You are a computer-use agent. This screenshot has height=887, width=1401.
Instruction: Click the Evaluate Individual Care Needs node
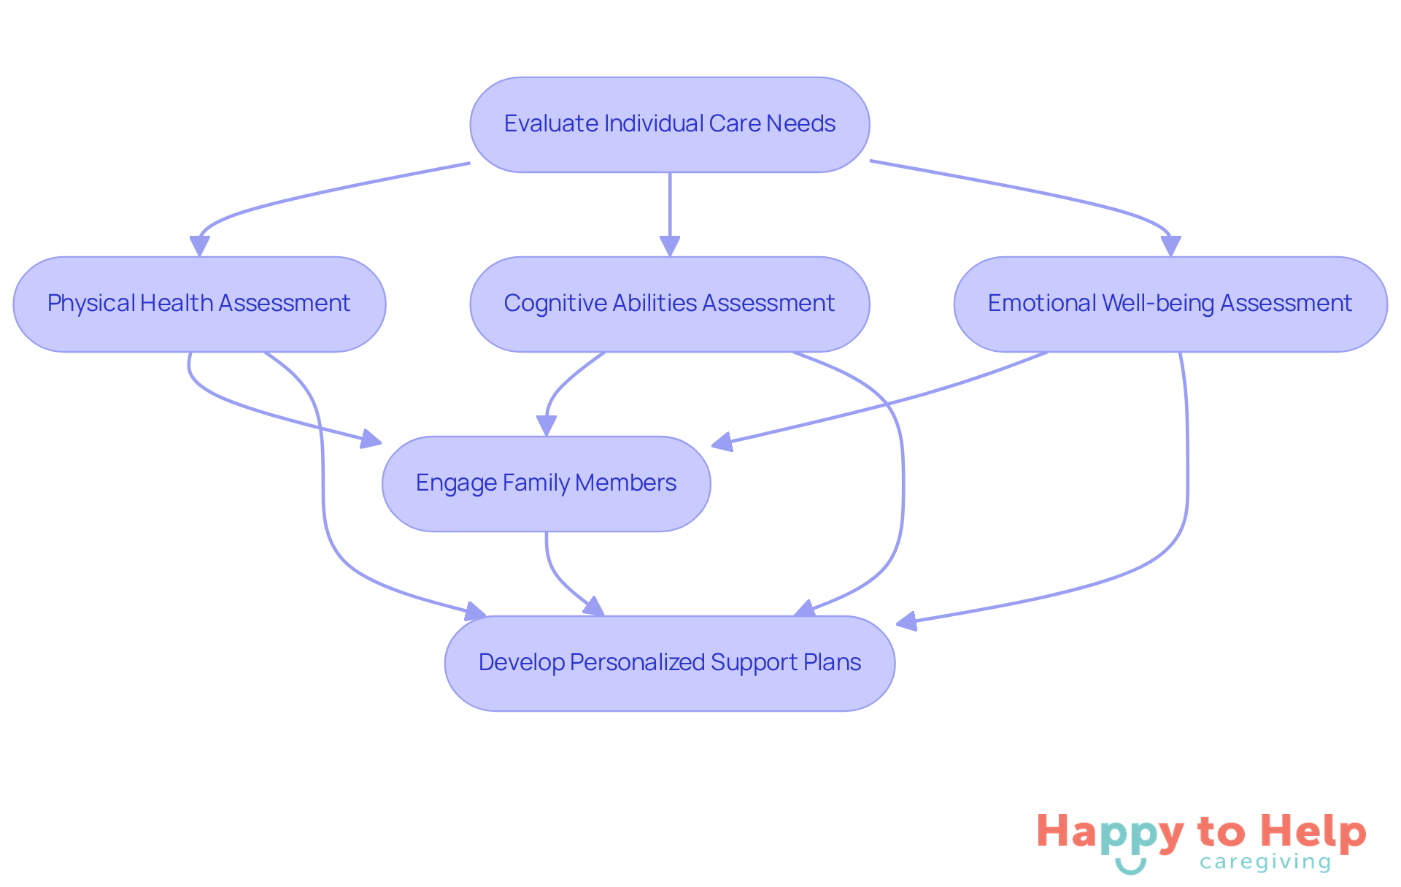pos(669,125)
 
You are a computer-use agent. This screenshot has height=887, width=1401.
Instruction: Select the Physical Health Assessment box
pos(199,304)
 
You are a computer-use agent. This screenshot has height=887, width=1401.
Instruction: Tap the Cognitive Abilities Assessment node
pos(669,304)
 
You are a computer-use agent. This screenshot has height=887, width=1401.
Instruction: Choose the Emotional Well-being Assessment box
pos(1170,304)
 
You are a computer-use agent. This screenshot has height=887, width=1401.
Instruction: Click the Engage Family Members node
pos(546,483)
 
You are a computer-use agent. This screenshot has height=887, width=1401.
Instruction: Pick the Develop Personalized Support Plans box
pos(669,663)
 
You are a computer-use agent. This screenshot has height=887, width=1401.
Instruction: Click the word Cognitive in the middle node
pos(554,304)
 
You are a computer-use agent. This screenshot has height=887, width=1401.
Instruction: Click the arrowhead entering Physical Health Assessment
pos(199,246)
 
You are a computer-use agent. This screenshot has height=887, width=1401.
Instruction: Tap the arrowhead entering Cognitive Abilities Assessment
pos(669,246)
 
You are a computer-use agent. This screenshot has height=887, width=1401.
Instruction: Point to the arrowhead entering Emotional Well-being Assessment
pos(1170,246)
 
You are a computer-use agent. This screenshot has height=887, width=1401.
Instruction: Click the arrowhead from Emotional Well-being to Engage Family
pos(722,442)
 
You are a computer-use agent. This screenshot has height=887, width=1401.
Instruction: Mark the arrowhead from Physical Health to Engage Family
pos(371,439)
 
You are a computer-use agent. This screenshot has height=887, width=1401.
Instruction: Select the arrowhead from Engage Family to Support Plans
pos(595,607)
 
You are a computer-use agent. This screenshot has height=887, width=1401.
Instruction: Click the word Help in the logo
pos(1313,833)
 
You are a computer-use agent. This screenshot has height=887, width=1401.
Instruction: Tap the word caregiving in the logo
pos(1265,863)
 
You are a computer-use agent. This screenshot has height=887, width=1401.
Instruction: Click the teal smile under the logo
pos(1130,867)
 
